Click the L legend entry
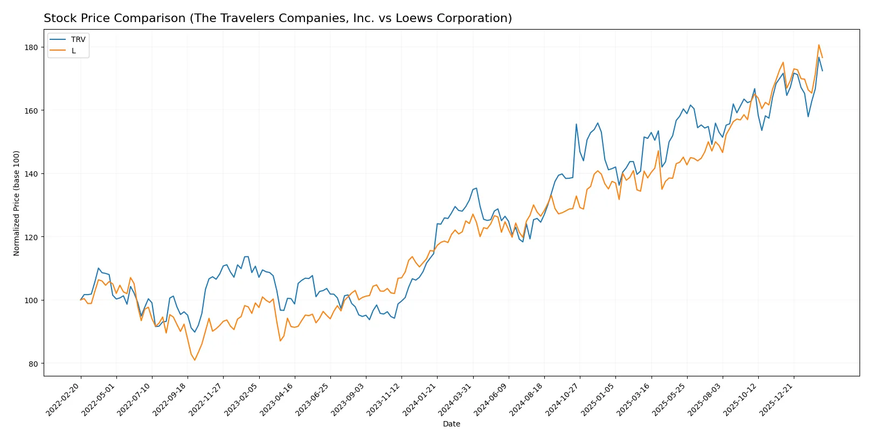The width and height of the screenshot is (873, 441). [73, 51]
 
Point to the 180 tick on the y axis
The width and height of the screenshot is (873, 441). [32, 47]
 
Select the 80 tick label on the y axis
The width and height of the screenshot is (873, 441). [33, 364]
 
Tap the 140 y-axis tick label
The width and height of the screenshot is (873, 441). [32, 174]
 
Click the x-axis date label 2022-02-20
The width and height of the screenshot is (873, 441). [63, 400]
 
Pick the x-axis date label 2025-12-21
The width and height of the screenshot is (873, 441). [777, 400]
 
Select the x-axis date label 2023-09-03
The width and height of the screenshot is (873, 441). [348, 400]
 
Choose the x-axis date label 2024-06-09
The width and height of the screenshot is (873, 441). [491, 400]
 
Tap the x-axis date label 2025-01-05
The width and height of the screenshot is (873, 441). [598, 400]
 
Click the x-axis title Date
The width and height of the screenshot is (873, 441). [451, 424]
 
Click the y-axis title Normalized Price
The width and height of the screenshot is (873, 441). [17, 203]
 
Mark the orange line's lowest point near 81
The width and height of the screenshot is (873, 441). [195, 360]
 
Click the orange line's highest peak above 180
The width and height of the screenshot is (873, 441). [819, 45]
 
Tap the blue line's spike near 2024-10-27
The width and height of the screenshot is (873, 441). [576, 124]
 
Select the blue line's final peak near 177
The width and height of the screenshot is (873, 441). [819, 58]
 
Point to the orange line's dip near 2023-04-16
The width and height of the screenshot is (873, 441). [280, 341]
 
